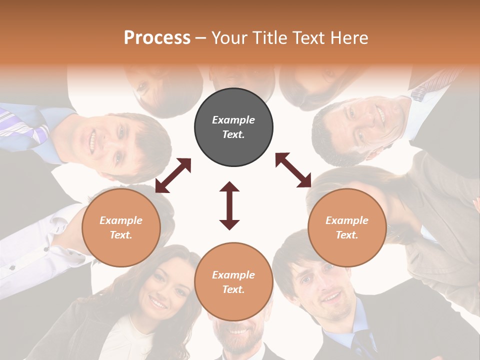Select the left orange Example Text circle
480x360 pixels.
(x=121, y=227)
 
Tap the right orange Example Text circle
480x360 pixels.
(x=347, y=227)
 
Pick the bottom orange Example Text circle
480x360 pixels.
(x=233, y=282)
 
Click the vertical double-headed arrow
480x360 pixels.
(x=229, y=206)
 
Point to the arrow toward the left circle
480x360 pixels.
(x=173, y=175)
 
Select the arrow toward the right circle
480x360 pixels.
(x=293, y=170)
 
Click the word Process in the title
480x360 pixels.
(x=157, y=37)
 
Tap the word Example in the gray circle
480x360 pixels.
(x=233, y=120)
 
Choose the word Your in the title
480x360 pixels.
(x=229, y=37)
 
